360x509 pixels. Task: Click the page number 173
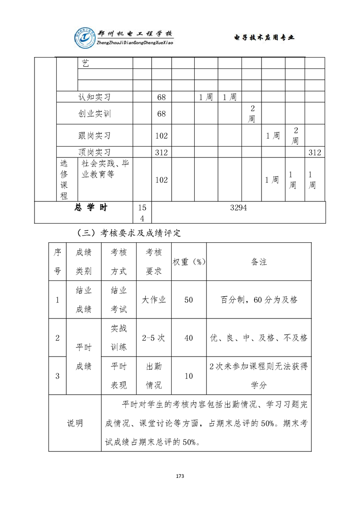pos(180,476)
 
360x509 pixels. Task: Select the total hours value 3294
pos(238,208)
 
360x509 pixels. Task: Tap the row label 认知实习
pos(94,97)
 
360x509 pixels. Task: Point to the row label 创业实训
pos(94,113)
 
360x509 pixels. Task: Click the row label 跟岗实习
pos(94,136)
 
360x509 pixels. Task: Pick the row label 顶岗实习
pos(94,152)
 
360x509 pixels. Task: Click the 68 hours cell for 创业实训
pos(162,113)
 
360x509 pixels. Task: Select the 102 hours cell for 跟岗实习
pos(162,136)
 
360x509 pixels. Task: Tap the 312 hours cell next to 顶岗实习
pos(162,152)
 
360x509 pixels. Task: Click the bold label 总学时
pos(91,208)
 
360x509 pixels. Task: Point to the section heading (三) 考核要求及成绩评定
pos(129,234)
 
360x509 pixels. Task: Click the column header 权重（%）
pos(189,262)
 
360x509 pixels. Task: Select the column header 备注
pos(259,262)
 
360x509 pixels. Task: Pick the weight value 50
pos(189,300)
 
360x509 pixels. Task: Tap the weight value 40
pos(189,338)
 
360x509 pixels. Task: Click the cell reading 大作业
pos(153,300)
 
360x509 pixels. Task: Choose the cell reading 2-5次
pos(153,338)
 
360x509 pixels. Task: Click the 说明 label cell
pos(75,423)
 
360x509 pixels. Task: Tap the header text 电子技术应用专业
pos(264,38)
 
